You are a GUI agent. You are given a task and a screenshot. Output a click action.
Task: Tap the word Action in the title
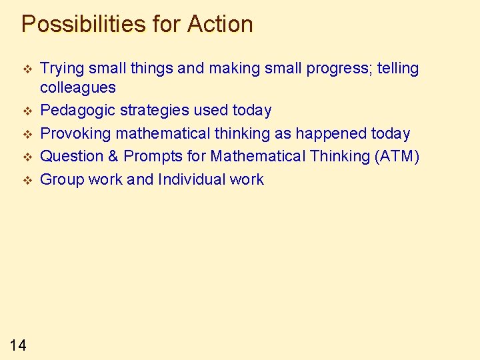[x=220, y=25]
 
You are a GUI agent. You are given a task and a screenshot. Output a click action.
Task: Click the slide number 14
[x=18, y=345]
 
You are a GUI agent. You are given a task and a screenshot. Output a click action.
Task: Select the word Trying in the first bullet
[x=61, y=69]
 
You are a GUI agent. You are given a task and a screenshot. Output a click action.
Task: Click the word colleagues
[x=77, y=87]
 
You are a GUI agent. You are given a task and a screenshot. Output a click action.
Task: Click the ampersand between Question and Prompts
[x=110, y=156]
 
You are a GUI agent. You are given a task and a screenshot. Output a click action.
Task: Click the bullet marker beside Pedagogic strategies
[x=27, y=111]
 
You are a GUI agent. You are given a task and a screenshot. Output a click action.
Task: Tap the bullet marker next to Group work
[x=27, y=180]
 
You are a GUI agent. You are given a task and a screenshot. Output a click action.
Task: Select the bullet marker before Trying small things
[x=27, y=69]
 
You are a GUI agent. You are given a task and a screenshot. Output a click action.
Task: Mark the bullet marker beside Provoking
[x=27, y=134]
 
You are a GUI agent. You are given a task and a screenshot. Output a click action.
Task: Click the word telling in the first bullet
[x=395, y=69]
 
